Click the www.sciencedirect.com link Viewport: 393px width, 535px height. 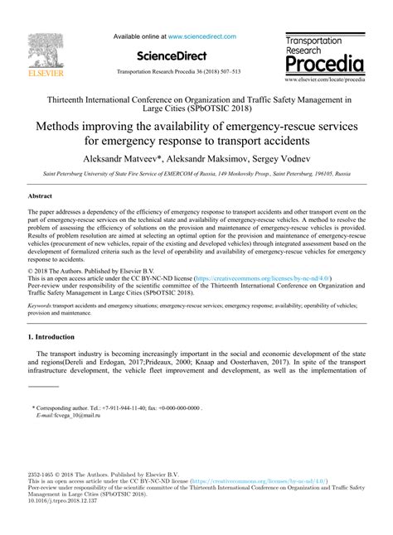pos(202,36)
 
